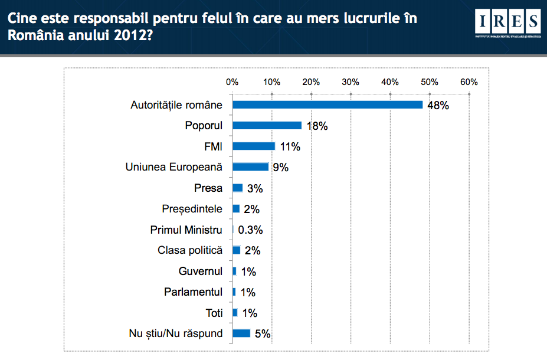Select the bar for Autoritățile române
(327, 105)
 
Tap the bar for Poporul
(267, 126)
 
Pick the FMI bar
(254, 146)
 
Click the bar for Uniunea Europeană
(250, 167)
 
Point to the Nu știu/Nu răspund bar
(241, 333)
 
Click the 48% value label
(438, 106)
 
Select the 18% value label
(316, 126)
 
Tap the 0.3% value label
(250, 230)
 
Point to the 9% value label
(280, 168)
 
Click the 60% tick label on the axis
(469, 82)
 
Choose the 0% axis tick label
(232, 82)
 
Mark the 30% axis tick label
(351, 82)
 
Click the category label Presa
(208, 188)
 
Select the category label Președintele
(192, 209)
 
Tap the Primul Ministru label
(186, 230)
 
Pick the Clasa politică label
(190, 250)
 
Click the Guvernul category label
(201, 271)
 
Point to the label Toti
(214, 313)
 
